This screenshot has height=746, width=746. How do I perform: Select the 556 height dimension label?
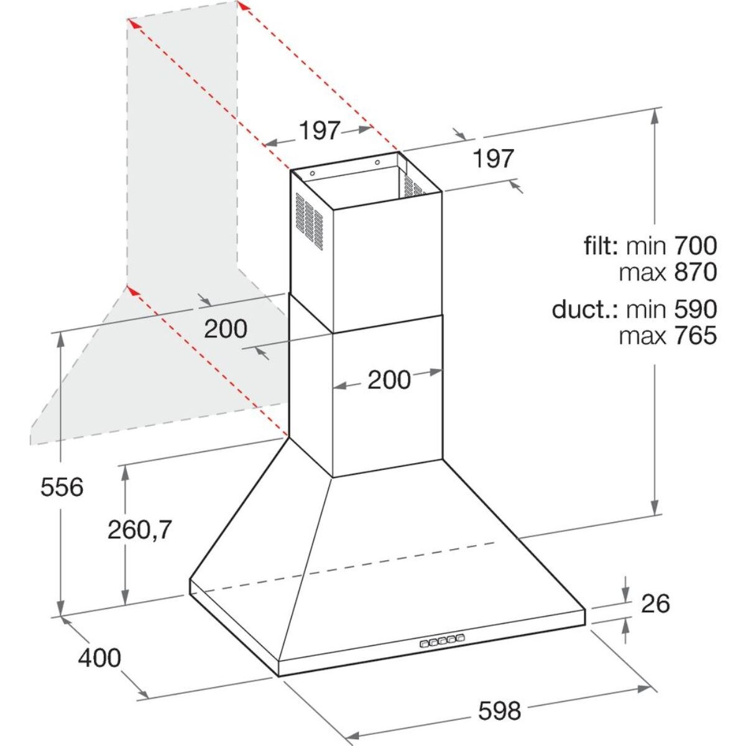click(x=62, y=487)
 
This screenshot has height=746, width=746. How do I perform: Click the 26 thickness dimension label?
click(x=655, y=603)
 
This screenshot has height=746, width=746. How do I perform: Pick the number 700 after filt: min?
click(x=695, y=246)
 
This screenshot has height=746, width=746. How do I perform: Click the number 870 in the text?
click(x=695, y=272)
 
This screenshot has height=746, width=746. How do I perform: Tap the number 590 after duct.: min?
click(x=695, y=309)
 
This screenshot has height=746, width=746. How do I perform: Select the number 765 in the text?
click(x=695, y=336)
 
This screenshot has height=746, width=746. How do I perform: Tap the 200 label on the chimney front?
click(x=389, y=380)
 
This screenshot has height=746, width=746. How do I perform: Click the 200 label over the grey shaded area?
click(x=226, y=329)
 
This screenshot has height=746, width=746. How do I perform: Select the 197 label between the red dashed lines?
click(x=320, y=131)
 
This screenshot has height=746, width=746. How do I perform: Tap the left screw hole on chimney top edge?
click(x=313, y=174)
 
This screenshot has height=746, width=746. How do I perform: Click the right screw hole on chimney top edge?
click(x=377, y=163)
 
